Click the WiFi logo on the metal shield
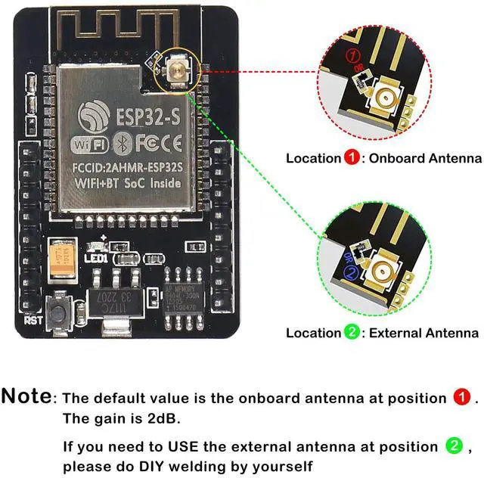[90, 144]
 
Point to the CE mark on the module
[172, 143]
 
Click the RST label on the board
[33, 320]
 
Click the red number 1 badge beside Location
[352, 158]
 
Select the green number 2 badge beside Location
[352, 332]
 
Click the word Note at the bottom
[27, 396]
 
